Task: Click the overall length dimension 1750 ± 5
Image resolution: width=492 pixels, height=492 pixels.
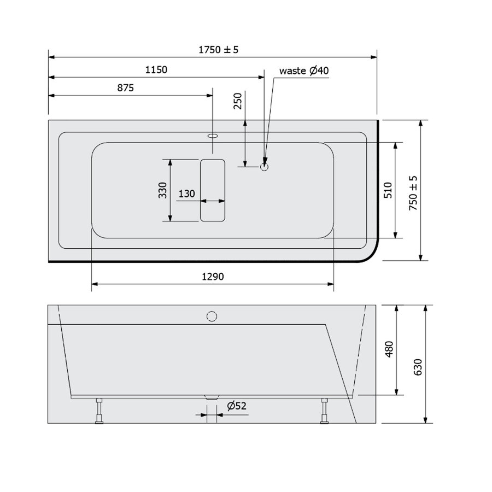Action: click(218, 49)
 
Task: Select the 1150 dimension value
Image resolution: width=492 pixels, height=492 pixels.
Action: click(156, 69)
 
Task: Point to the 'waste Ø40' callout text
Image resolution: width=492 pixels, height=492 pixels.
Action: click(303, 71)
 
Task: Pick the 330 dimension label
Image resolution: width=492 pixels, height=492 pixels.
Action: click(162, 190)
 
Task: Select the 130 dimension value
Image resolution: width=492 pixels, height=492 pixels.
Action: click(186, 194)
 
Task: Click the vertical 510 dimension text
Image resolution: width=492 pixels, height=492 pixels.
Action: click(387, 190)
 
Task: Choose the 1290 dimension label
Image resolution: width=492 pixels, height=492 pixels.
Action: click(213, 277)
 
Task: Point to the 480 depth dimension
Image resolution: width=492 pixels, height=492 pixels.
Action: click(389, 349)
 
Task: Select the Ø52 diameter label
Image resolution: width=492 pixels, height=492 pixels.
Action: click(236, 406)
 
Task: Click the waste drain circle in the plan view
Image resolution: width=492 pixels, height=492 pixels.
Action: click(265, 167)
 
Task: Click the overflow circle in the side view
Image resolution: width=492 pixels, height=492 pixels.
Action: click(212, 317)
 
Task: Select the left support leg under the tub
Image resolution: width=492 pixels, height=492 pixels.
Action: click(99, 411)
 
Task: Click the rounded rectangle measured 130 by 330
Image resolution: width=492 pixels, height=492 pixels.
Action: click(213, 190)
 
